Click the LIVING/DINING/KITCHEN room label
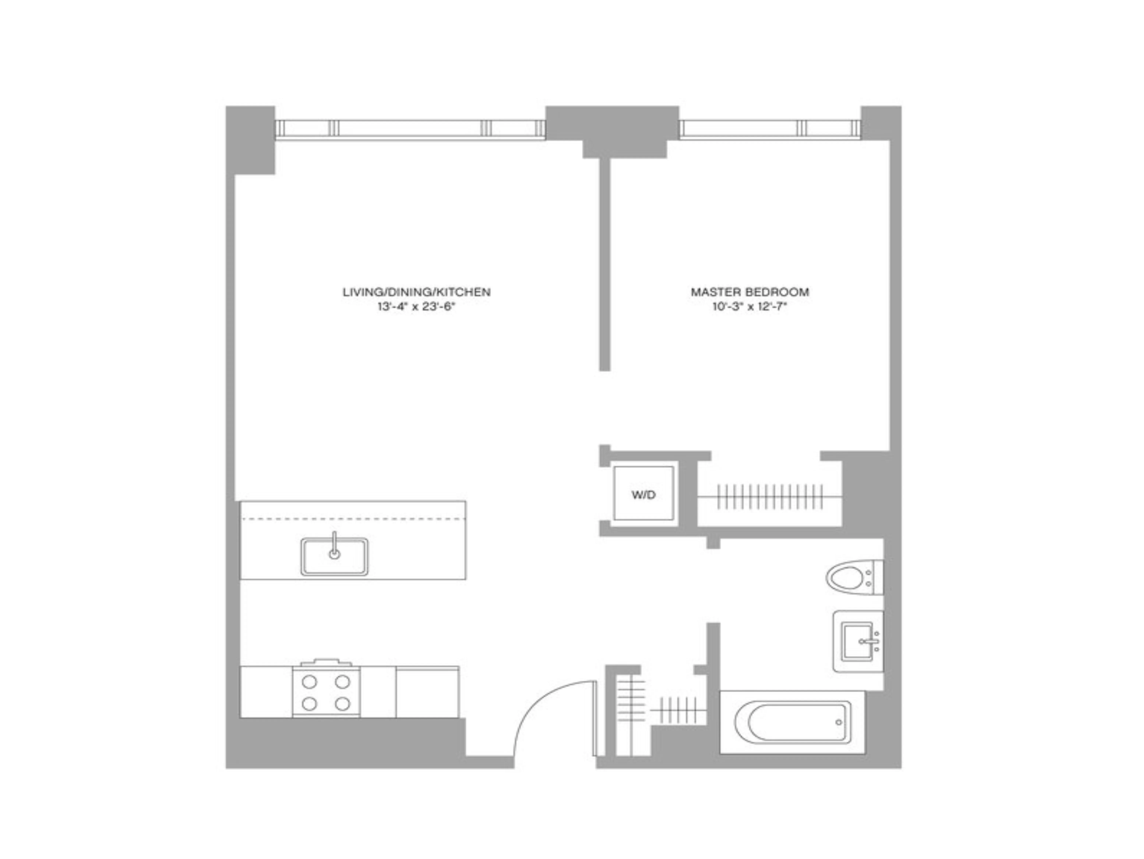(x=416, y=292)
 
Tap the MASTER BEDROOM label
(x=750, y=292)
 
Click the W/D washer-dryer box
(x=643, y=494)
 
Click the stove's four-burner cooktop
(x=326, y=692)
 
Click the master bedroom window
(x=770, y=128)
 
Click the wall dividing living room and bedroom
(x=605, y=264)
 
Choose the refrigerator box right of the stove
(x=427, y=692)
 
